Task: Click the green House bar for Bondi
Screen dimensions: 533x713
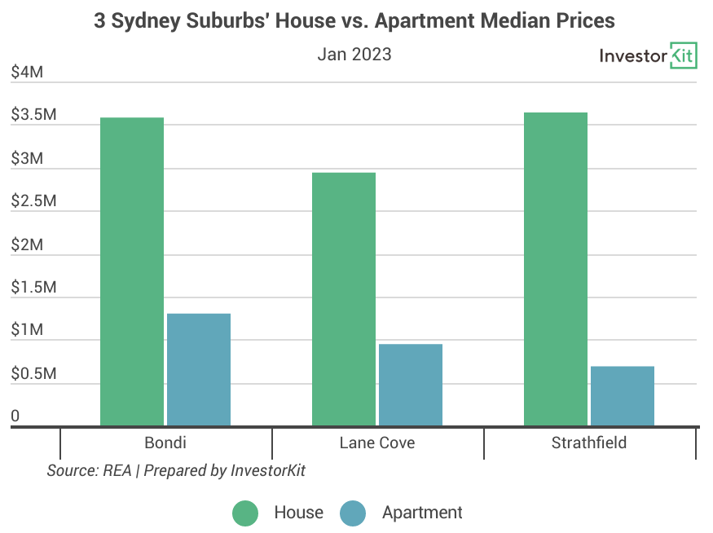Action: pyautogui.click(x=132, y=271)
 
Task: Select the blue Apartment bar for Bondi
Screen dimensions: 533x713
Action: pyautogui.click(x=199, y=369)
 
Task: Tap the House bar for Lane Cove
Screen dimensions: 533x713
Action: pyautogui.click(x=344, y=298)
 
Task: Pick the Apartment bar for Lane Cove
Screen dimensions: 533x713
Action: pyautogui.click(x=411, y=385)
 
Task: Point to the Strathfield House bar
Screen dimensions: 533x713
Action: pyautogui.click(x=556, y=269)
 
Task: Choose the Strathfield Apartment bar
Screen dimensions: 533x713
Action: pyautogui.click(x=623, y=396)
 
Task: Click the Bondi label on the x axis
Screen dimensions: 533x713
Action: pyautogui.click(x=165, y=443)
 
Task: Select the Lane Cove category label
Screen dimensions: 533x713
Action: pyautogui.click(x=377, y=443)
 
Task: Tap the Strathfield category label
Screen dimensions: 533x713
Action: pyautogui.click(x=589, y=443)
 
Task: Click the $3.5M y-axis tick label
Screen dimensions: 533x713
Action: pyautogui.click(x=33, y=116)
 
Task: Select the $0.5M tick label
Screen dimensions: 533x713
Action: pyautogui.click(x=33, y=374)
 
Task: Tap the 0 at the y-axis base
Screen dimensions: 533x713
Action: pyautogui.click(x=15, y=416)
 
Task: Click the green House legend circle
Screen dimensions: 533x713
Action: pyautogui.click(x=245, y=513)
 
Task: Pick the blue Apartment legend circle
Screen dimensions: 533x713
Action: pyautogui.click(x=353, y=513)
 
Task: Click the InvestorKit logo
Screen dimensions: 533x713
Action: pyautogui.click(x=648, y=55)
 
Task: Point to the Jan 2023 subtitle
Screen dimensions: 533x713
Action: pyautogui.click(x=354, y=55)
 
